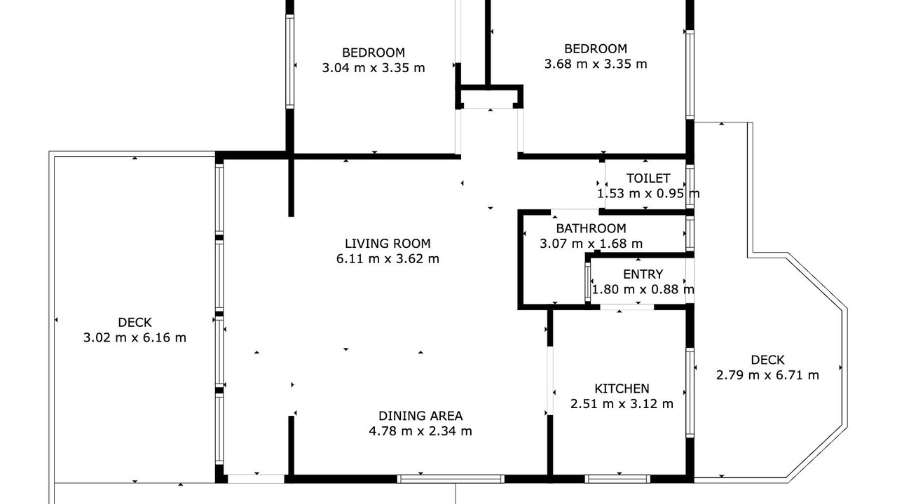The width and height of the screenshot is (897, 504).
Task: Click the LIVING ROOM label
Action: (388, 243)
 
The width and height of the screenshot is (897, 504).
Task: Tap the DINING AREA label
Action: (420, 416)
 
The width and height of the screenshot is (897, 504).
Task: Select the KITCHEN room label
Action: (622, 388)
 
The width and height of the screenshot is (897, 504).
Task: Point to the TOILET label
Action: (648, 178)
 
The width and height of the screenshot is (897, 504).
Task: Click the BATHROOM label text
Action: (591, 228)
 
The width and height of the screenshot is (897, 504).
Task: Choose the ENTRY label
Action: (643, 274)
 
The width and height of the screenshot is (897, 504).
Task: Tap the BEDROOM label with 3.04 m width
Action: (374, 52)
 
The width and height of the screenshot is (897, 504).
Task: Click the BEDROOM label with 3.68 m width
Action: (596, 49)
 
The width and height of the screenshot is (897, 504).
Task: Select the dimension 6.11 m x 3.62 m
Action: (388, 259)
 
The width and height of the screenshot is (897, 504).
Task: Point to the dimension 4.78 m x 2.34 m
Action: (420, 431)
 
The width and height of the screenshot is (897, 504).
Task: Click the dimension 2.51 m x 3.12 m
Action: (622, 404)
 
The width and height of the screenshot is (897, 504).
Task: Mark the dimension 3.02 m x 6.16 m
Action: (135, 337)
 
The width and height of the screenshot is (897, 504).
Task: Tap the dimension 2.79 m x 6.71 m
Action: (767, 375)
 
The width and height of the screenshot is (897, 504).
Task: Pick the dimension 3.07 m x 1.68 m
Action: (591, 244)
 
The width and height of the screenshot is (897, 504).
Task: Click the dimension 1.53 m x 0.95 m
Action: (648, 194)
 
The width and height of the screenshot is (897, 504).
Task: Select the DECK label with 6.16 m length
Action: (135, 323)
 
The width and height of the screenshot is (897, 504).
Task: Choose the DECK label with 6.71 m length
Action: (767, 360)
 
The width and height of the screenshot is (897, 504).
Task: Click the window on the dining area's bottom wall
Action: (451, 479)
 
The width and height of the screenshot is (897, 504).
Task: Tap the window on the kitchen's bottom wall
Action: (617, 479)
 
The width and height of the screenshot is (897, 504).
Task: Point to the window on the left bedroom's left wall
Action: (290, 62)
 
